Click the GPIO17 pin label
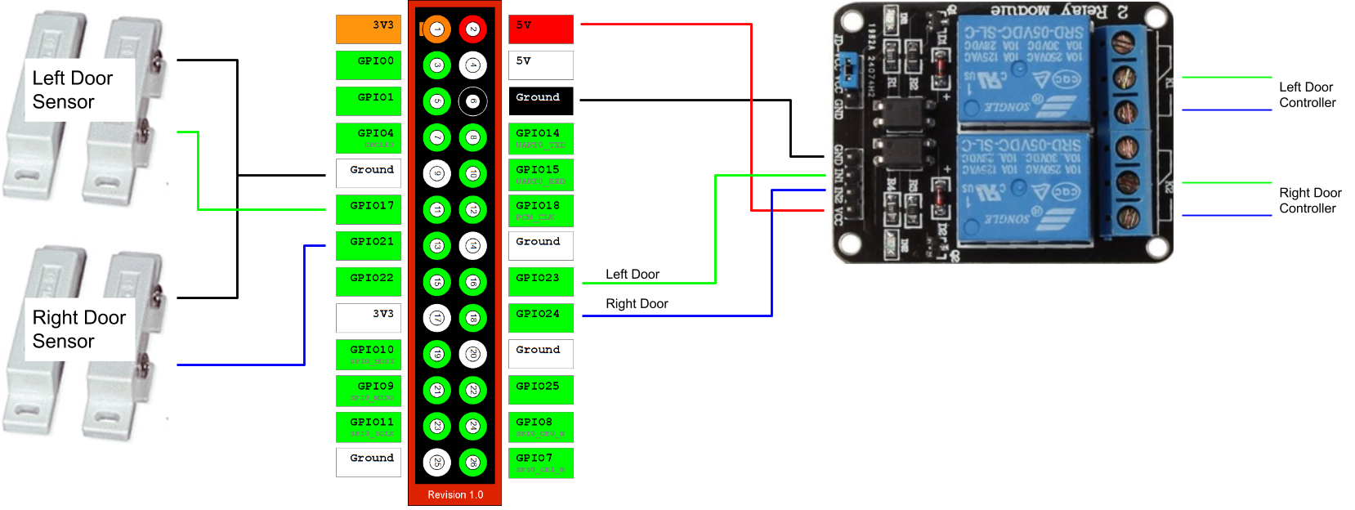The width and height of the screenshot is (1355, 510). [x=369, y=209]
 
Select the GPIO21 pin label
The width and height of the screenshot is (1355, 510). [x=369, y=245]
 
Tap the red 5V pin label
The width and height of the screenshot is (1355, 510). [x=540, y=29]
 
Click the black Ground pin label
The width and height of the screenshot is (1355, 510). [x=540, y=101]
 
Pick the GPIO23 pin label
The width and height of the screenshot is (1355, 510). [x=540, y=281]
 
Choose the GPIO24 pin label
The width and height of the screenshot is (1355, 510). [x=540, y=317]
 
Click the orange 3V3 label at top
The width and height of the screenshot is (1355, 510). [x=369, y=29]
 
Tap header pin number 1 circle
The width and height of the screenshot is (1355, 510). [x=436, y=29]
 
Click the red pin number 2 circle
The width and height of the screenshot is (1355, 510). [x=472, y=29]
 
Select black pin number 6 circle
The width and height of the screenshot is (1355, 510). [x=472, y=101]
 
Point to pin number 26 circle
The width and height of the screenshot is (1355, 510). [x=472, y=463]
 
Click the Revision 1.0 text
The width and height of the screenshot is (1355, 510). [x=455, y=494]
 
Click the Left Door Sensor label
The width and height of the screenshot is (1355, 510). [x=73, y=90]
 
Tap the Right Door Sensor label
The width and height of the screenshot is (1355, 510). [x=78, y=329]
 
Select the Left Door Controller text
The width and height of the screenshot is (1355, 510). [x=1307, y=95]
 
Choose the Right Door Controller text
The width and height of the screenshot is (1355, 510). [x=1309, y=200]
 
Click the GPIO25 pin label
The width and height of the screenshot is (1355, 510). [x=540, y=390]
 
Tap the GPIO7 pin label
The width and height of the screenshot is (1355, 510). [x=540, y=463]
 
